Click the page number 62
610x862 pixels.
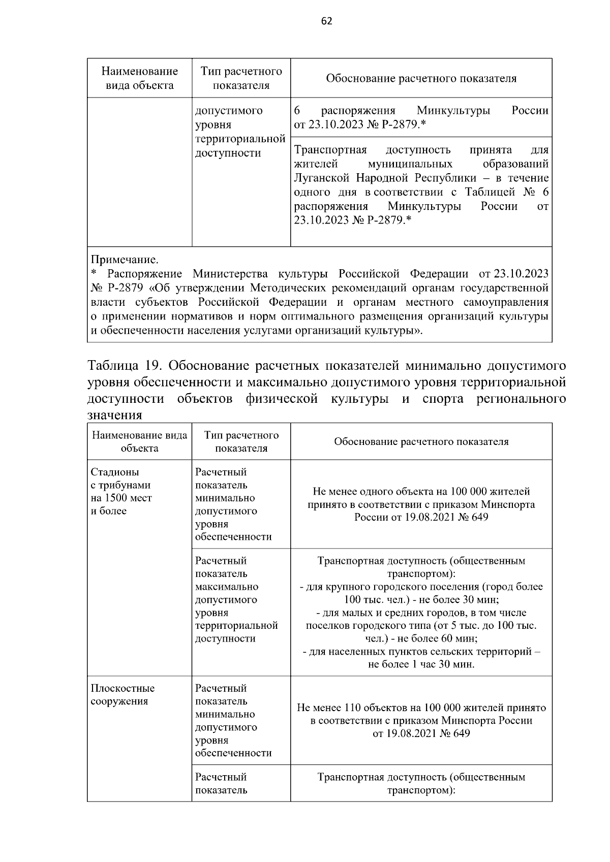327,21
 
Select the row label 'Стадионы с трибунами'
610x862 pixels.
120,478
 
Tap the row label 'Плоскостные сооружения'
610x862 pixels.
123,695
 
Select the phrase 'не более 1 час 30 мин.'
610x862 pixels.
421,664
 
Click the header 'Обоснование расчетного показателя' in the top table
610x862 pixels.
421,79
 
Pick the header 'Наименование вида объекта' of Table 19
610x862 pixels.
139,441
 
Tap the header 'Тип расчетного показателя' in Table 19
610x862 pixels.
241,441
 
